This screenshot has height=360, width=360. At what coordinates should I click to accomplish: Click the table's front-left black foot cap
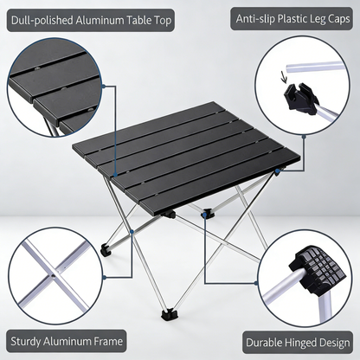click(105, 250)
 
